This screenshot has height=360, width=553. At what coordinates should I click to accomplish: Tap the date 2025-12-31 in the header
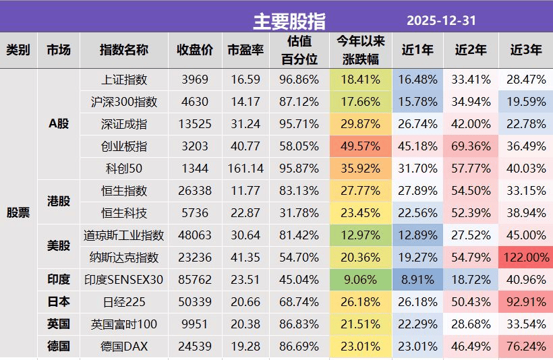point(441,21)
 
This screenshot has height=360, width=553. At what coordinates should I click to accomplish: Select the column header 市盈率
point(245,50)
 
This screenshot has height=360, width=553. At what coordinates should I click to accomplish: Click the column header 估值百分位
point(299,51)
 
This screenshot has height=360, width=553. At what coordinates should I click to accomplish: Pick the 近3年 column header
point(525,50)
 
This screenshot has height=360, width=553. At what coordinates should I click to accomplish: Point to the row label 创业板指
point(123,146)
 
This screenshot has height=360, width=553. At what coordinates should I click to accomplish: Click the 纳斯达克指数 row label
point(123,258)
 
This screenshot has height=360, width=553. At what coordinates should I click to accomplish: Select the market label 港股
point(59,202)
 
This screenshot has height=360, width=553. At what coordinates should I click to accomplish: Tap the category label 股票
point(18,213)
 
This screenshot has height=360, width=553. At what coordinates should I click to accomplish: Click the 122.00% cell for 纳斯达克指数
point(525,258)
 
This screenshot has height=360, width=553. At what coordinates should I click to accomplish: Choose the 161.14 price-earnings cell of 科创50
point(245,169)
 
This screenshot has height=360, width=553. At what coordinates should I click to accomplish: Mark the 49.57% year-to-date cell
point(360,146)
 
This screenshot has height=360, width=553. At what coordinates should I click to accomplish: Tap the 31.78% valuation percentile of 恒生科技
point(299,213)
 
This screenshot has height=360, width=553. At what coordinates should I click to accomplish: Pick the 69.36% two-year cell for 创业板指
point(470,146)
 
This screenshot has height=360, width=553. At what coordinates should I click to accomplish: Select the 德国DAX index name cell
point(123,347)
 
